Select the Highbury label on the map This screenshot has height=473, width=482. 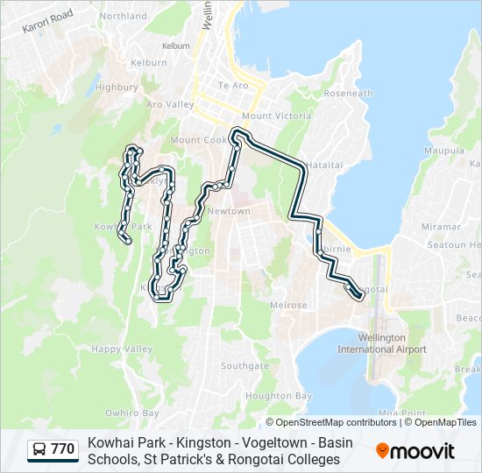[x=117, y=88]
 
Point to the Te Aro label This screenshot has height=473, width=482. [x=233, y=86]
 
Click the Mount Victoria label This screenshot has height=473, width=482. [x=276, y=116]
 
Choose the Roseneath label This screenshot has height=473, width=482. [x=348, y=93]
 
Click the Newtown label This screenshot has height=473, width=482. [x=229, y=211]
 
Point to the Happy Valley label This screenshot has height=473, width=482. [x=123, y=349]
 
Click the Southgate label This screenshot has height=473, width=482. [x=238, y=366]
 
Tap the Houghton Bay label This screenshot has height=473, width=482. [x=279, y=396]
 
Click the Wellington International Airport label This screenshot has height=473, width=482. [x=382, y=343]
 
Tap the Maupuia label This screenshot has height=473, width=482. [x=444, y=151]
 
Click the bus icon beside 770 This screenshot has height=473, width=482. [x=39, y=450]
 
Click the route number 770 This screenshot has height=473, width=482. [x=62, y=449]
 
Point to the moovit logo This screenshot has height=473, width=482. [x=415, y=450]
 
